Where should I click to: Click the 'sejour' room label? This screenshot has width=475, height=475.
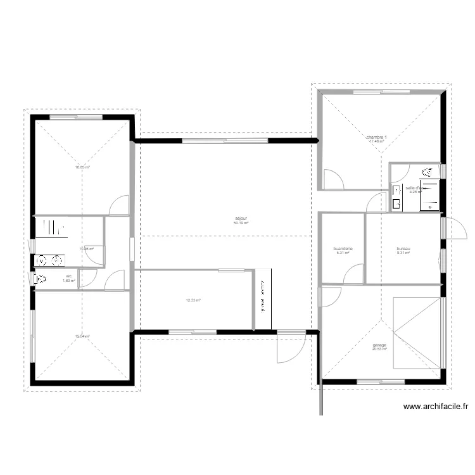pos(241,218)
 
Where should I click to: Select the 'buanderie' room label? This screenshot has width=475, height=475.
pos(343,249)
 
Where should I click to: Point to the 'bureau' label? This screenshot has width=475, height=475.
pos(404,249)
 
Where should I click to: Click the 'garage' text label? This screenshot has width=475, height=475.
pos(380,345)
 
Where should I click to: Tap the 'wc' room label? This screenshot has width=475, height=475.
pos(68,275)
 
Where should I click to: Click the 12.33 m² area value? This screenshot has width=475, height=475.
pos(193,300)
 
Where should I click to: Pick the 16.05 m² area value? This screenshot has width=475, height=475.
pos(82,168)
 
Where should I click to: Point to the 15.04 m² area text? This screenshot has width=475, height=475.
pos(82,336)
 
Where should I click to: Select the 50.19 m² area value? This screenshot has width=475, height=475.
pos(241,223)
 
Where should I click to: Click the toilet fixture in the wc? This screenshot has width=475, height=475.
pos(41,279)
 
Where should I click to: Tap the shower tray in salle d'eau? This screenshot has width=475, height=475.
pos(431,193)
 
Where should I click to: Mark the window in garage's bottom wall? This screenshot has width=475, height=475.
pos(380,381)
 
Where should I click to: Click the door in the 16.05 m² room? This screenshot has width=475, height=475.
pos(120,204)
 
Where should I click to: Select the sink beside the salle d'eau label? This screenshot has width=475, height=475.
pos(396,204)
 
